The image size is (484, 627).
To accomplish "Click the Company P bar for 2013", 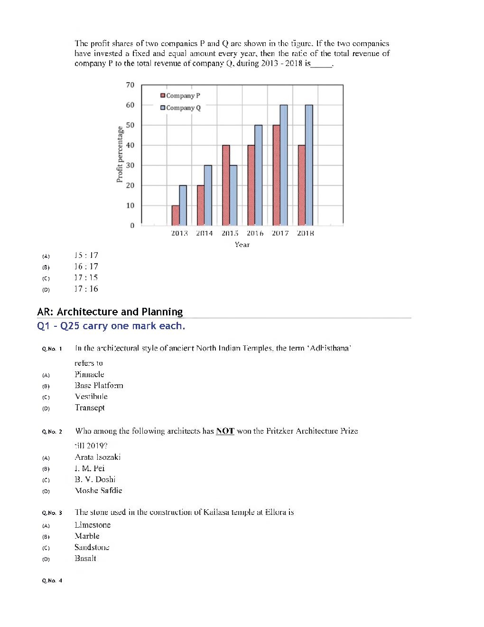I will pos(175,216).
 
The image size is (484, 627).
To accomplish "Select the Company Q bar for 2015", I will pos(233,195).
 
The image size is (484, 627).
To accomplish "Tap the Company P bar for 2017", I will pos(276,175).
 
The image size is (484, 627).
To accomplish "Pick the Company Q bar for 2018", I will pos(309,165).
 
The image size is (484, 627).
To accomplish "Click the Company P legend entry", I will pos(180,95).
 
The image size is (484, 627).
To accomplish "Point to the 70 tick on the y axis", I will pos(130,85).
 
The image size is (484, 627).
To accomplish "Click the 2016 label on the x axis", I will pos(255,233).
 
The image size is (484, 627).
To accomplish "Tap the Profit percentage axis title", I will pos(120,154).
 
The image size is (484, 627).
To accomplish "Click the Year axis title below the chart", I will pos(242,245).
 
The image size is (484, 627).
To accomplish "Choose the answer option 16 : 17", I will pos(86,266).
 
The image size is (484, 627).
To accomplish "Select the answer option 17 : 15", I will pos(86,278).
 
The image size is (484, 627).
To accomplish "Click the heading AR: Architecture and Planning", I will pos(110,312).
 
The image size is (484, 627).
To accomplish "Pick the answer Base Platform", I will pos(99,385).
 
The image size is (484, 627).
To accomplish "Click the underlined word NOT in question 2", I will pos(225,431).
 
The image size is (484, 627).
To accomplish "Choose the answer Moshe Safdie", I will pos(98,490).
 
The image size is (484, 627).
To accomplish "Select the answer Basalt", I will pos(85,558).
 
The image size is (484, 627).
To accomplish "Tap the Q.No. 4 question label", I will pos(52,580).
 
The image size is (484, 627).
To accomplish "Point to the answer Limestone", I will pos(93,525).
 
